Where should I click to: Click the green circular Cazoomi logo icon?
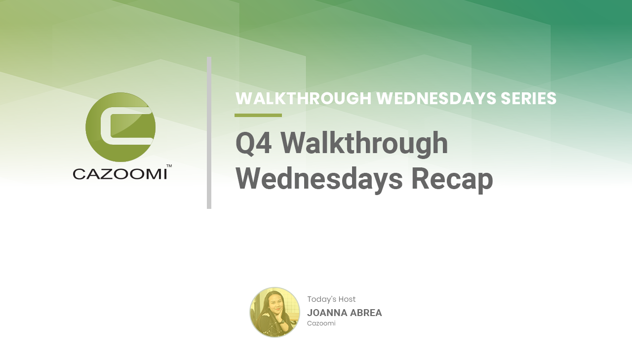(x=120, y=127)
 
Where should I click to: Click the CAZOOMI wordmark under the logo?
(x=120, y=174)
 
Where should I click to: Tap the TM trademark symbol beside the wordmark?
(x=169, y=166)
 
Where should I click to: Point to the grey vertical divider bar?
(x=209, y=133)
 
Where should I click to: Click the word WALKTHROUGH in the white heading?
(x=304, y=98)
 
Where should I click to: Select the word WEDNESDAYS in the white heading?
(x=436, y=98)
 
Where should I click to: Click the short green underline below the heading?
(x=258, y=116)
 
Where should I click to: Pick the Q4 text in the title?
(x=254, y=143)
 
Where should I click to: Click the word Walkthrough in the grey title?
(x=364, y=144)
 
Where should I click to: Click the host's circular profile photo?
(x=275, y=312)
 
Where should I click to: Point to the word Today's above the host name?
(x=321, y=299)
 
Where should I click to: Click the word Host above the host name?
(x=347, y=299)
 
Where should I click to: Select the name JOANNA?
(x=327, y=313)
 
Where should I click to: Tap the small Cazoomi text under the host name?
(x=321, y=323)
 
